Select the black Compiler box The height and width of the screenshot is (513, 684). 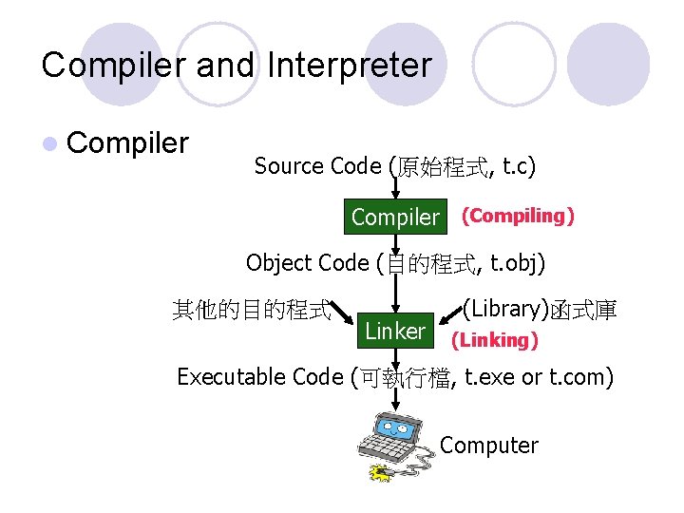coord(395,217)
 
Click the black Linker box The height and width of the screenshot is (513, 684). coord(395,331)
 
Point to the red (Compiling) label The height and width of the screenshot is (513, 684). coord(518,216)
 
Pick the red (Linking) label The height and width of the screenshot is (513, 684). coord(494,339)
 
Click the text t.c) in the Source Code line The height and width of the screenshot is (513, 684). coord(518,166)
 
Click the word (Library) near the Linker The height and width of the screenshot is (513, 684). coord(504,309)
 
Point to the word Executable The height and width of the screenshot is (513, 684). coord(231,377)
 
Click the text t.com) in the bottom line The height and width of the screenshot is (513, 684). coord(580,377)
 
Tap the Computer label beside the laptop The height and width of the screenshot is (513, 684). coord(489,445)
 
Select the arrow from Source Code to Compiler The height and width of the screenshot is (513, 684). coord(395,191)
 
